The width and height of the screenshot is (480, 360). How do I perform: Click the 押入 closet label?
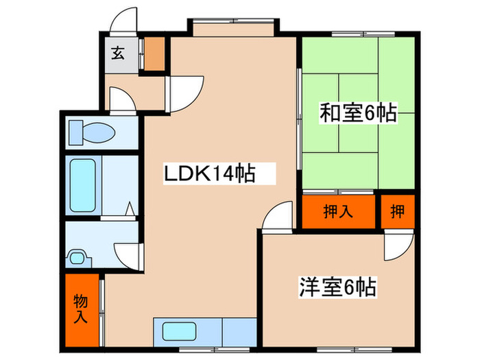coord(339,212)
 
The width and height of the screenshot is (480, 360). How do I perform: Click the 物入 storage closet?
coord(81,308)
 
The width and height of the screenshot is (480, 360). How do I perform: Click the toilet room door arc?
coord(123,100)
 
